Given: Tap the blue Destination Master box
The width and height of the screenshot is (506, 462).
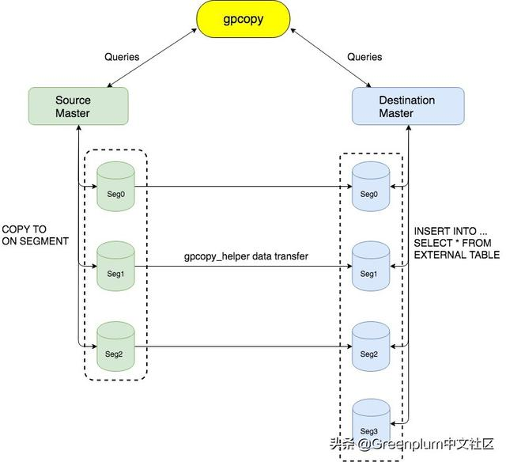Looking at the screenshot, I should [406, 107].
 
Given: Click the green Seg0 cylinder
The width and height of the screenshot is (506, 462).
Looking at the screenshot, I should [115, 187].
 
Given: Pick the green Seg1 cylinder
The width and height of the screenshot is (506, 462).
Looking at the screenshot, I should [115, 267].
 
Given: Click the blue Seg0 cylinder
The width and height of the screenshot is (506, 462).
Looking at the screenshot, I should [371, 187].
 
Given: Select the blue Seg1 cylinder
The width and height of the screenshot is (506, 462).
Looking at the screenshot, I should [371, 267].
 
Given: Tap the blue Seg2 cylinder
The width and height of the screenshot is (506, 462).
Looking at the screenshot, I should [371, 346].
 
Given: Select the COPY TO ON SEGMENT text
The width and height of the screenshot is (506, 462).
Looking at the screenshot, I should [35, 235].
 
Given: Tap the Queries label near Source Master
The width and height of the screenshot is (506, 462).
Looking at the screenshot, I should [122, 57].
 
